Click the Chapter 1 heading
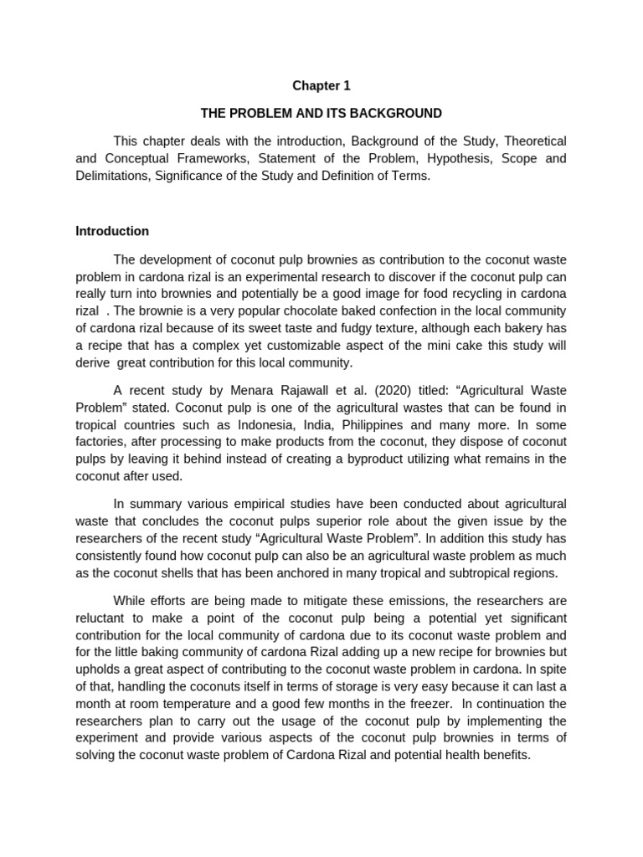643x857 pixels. click(321, 85)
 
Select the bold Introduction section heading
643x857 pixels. click(112, 231)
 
